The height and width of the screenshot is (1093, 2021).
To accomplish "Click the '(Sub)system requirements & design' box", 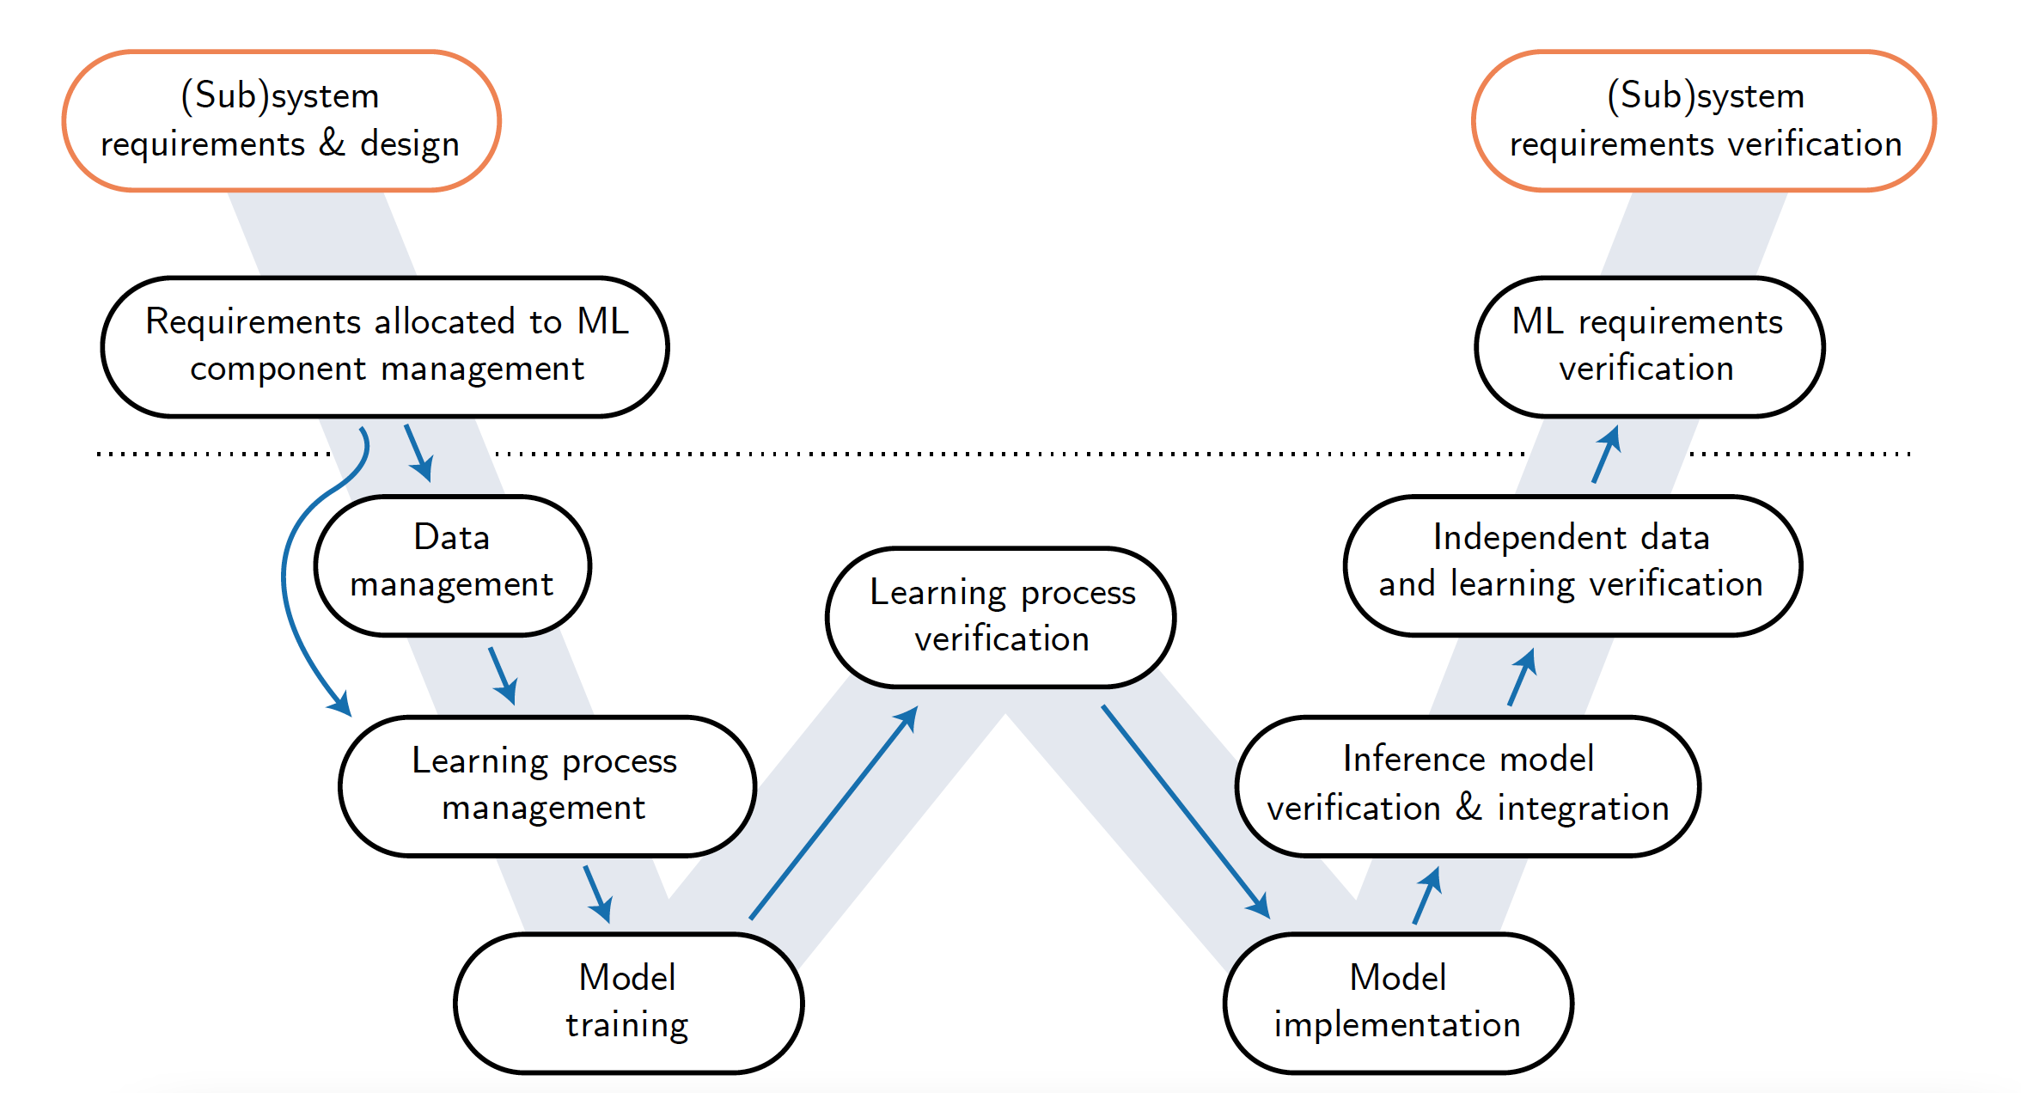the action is pos(282,120).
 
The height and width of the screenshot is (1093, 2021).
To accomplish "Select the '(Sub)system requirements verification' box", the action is pos(1705,120).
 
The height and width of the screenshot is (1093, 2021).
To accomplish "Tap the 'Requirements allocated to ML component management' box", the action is pos(386,347).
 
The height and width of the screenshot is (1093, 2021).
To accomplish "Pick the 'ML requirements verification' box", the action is pos(1650,347).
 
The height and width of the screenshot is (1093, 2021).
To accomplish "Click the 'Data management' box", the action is pos(453,565).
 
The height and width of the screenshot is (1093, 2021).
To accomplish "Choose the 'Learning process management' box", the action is pos(547,786).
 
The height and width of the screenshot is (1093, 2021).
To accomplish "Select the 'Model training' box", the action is pos(629,1003).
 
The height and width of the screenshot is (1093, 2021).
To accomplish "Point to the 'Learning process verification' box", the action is pos(1001,617).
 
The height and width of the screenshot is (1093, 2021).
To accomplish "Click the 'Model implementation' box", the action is pos(1399,1003).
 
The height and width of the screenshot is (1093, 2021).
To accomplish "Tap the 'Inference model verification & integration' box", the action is pos(1468,786).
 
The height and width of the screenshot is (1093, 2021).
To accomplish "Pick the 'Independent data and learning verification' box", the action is pos(1572,565).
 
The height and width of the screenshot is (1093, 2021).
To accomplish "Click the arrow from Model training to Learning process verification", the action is pos(833,813).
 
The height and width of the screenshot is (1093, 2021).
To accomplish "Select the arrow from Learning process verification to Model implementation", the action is pos(1186,812).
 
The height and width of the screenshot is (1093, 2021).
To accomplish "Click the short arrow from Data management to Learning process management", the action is pos(504,676).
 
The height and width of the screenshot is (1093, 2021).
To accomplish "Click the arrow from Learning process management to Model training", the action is pos(598,895).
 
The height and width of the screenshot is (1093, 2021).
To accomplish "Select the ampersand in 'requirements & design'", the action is pos(333,143).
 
